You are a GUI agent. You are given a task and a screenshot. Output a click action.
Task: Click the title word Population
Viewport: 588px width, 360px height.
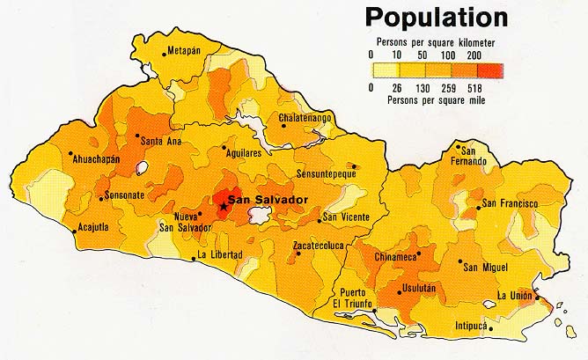tap(437, 18)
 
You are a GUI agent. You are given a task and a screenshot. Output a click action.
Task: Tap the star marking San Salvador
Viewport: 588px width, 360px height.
tap(223, 208)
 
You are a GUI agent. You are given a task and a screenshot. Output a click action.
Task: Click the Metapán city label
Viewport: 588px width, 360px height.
tap(184, 51)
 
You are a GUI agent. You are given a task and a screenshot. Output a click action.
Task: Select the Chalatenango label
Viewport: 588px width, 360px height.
tap(305, 117)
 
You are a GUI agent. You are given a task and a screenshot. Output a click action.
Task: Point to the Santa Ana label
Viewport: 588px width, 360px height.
tap(161, 141)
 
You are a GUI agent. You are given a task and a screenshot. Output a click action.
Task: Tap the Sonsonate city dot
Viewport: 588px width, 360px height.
tap(101, 198)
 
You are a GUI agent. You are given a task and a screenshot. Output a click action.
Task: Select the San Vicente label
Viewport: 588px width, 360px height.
tap(346, 217)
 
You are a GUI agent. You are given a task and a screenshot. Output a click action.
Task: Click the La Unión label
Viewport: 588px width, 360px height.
tap(516, 295)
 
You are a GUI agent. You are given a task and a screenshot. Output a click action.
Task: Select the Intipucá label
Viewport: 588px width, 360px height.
tap(470, 325)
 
